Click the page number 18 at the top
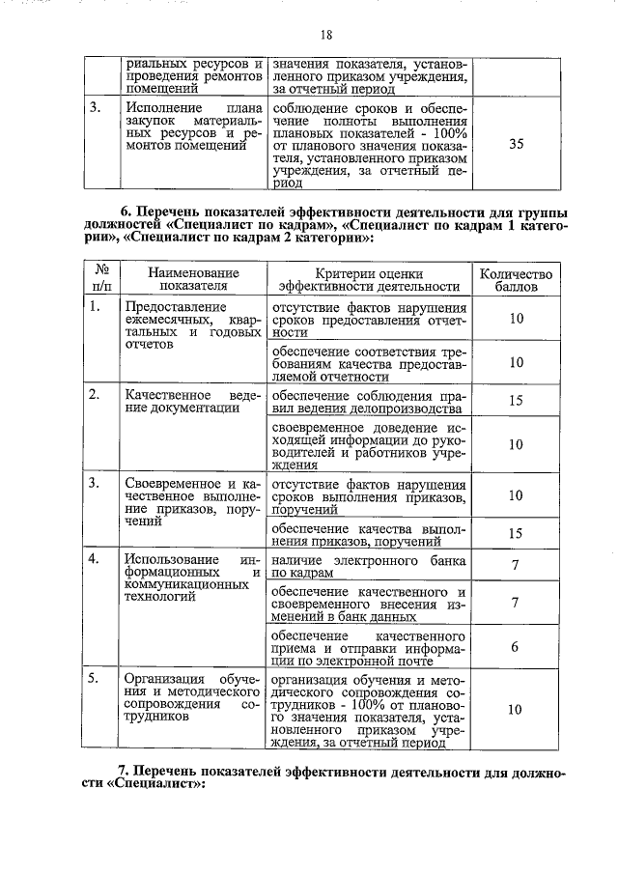click(x=325, y=35)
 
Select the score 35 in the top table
click(x=516, y=144)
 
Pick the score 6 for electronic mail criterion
click(x=516, y=646)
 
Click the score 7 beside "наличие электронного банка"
click(x=516, y=565)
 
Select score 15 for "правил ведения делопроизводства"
click(x=516, y=401)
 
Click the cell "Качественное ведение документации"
click(x=193, y=401)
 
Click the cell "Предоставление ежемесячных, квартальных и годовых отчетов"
click(x=193, y=324)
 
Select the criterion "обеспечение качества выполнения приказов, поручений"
click(x=368, y=533)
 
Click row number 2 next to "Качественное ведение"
click(x=95, y=395)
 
